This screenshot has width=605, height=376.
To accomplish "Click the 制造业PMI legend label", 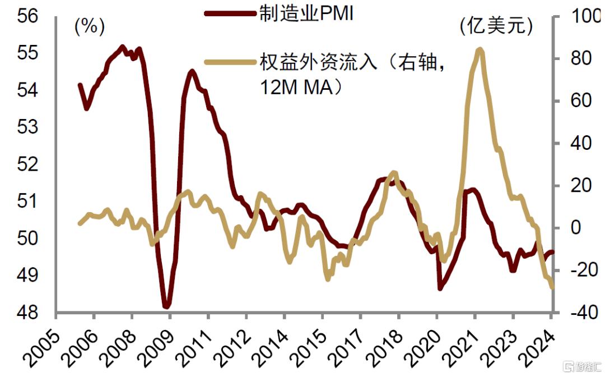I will [x=306, y=14].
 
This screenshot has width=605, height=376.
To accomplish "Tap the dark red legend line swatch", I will [x=229, y=14].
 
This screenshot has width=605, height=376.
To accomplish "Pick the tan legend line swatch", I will [x=229, y=62].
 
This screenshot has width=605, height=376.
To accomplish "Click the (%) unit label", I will [x=90, y=26].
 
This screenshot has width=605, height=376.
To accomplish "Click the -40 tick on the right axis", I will [x=578, y=312].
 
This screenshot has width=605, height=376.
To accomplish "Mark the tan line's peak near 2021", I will [x=479, y=49].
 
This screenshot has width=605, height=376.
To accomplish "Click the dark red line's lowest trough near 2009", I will [x=166, y=306].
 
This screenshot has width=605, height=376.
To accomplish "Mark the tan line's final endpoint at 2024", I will [x=552, y=287].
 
